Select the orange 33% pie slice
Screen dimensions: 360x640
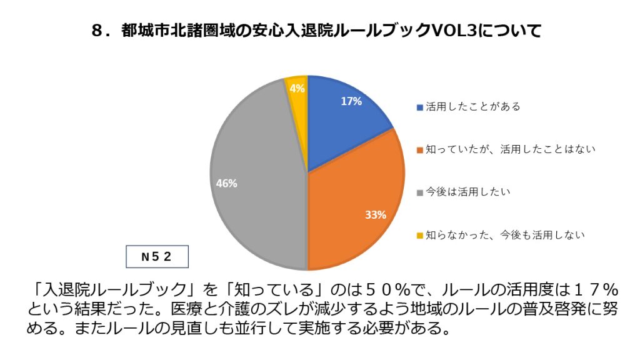click(356, 200)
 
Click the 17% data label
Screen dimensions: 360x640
click(351, 101)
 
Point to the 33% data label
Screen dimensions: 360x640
click(376, 215)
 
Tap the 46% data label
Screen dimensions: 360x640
click(226, 183)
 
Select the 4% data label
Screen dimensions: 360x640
click(297, 89)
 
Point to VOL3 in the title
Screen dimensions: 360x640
click(452, 31)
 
